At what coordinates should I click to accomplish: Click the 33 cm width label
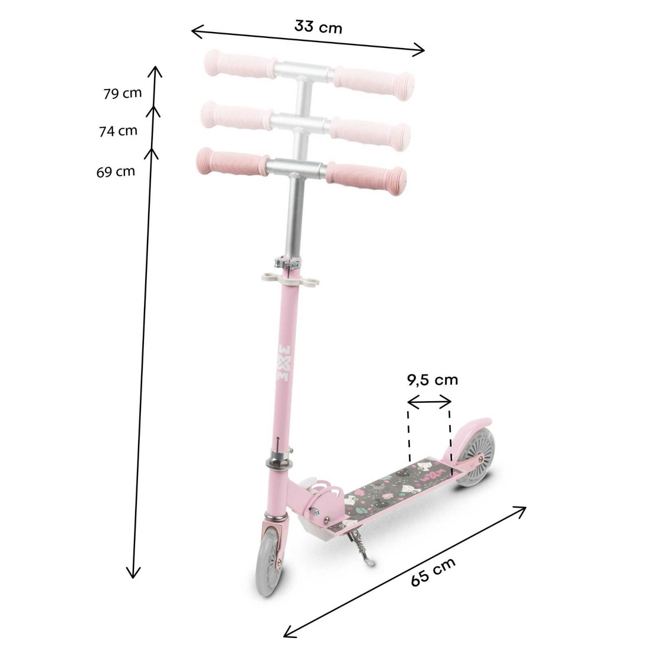tap(318, 27)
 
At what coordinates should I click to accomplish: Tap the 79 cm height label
tap(122, 93)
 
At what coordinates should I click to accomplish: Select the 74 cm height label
tap(118, 131)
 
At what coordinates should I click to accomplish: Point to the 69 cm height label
tap(116, 172)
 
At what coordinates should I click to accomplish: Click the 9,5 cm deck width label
tap(433, 380)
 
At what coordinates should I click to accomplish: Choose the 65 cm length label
tap(433, 572)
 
